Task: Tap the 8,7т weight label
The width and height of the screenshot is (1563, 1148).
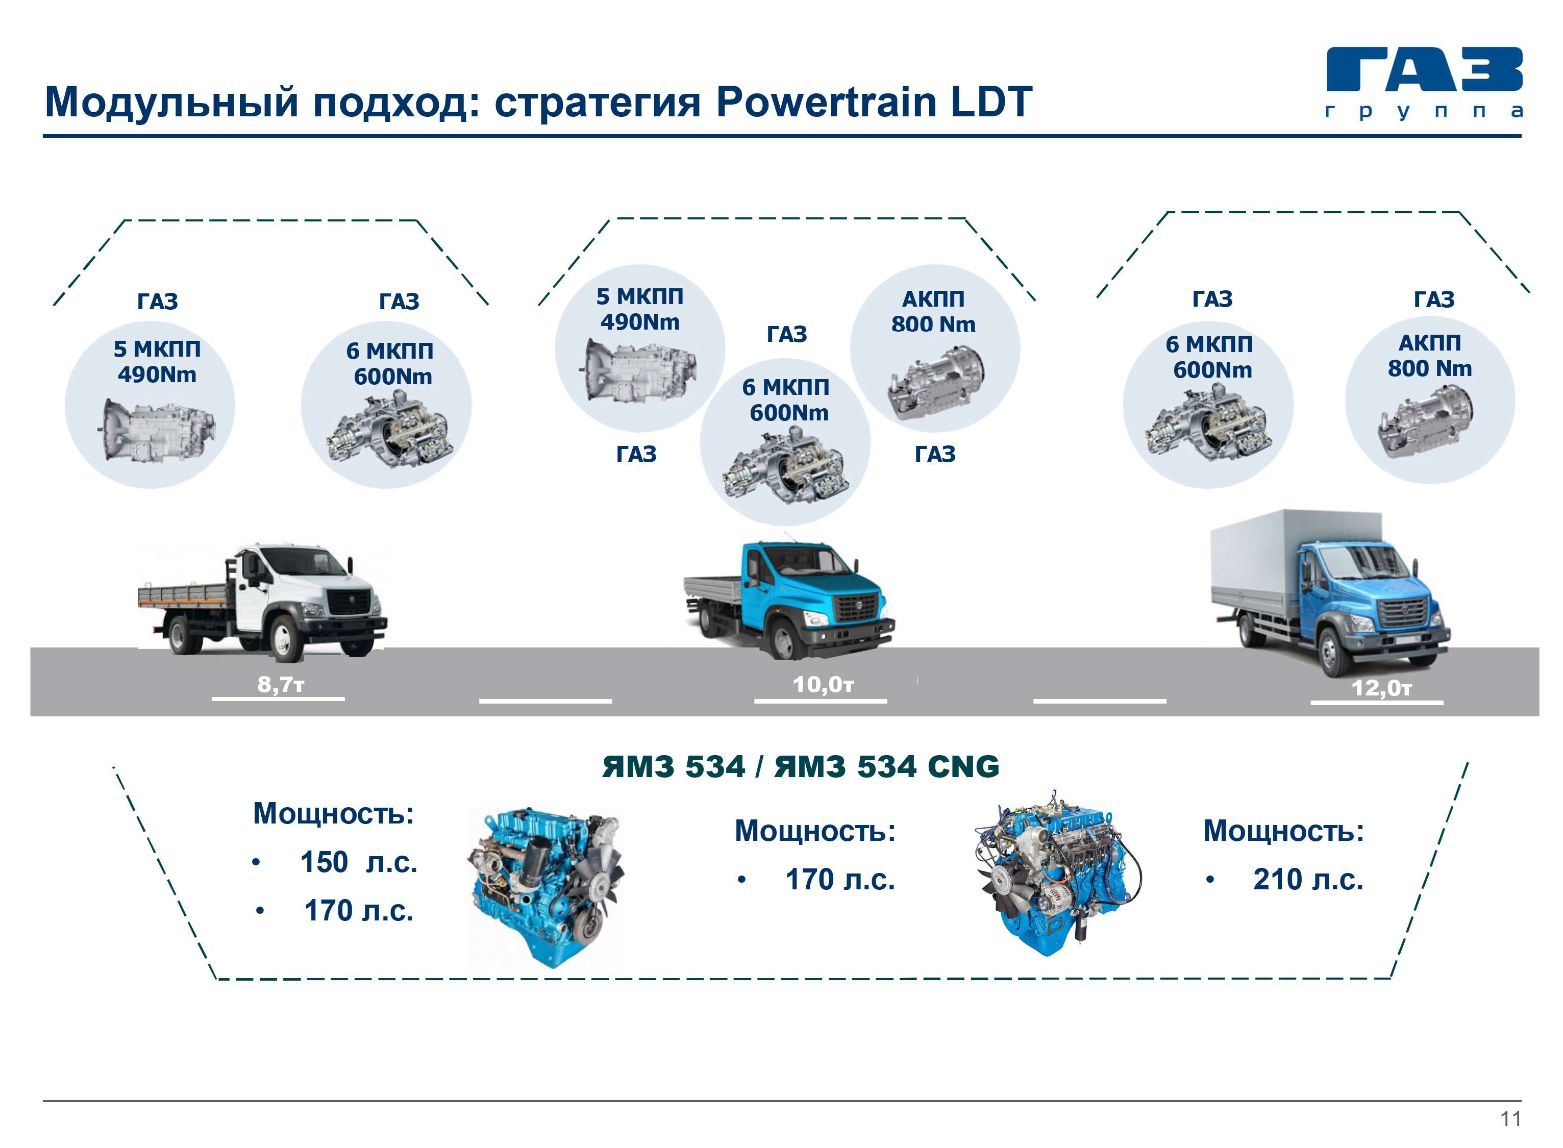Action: pyautogui.click(x=280, y=685)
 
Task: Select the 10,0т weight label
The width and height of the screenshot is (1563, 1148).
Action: pyautogui.click(x=823, y=685)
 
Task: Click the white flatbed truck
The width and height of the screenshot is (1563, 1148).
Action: pyautogui.click(x=264, y=601)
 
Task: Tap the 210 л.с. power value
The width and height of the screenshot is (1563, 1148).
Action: pyautogui.click(x=1307, y=880)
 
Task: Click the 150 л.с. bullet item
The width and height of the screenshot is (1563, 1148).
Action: pyautogui.click(x=358, y=862)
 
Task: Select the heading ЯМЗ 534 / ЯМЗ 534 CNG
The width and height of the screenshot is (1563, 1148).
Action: pyautogui.click(x=800, y=766)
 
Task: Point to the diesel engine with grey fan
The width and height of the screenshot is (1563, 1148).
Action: pyautogui.click(x=546, y=886)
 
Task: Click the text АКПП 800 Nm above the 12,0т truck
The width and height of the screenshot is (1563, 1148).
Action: pyautogui.click(x=1430, y=356)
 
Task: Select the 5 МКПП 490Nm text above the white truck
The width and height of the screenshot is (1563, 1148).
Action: pyautogui.click(x=157, y=361)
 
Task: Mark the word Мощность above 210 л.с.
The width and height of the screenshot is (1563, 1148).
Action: pyautogui.click(x=1283, y=831)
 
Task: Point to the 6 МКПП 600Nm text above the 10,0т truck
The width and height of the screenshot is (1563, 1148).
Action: pyautogui.click(x=787, y=400)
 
